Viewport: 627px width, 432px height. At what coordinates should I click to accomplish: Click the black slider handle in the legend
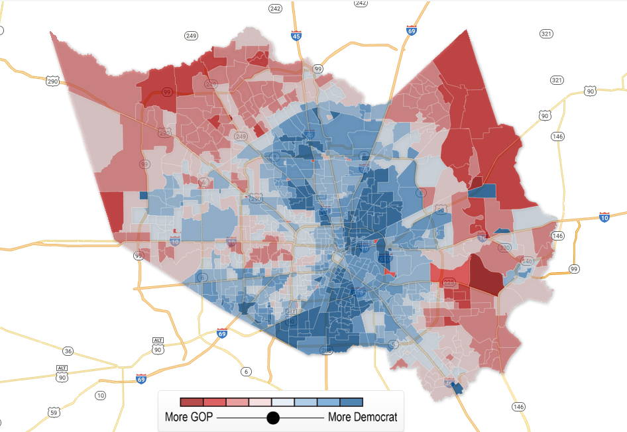click(272, 417)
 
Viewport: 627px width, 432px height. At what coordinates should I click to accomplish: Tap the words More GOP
click(188, 417)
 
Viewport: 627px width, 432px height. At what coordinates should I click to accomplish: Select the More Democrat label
click(363, 417)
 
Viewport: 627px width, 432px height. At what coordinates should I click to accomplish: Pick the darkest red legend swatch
click(192, 402)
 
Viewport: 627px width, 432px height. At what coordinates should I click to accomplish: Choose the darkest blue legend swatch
click(351, 402)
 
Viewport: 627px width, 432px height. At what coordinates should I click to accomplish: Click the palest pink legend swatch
click(260, 402)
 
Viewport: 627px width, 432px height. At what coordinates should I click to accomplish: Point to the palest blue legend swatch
click(283, 402)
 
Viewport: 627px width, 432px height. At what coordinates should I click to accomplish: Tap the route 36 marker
click(68, 351)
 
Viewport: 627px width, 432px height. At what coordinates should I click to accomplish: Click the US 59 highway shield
click(54, 412)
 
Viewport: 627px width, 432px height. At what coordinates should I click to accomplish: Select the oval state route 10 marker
click(100, 396)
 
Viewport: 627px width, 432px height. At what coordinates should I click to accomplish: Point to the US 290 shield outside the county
click(52, 81)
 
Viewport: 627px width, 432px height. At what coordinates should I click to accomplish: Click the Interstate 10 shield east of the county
click(604, 217)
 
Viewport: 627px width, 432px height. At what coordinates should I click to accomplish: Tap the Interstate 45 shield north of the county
click(296, 36)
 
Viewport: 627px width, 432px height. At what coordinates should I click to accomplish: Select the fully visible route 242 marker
click(275, 9)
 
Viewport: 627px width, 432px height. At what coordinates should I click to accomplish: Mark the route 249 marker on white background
click(192, 35)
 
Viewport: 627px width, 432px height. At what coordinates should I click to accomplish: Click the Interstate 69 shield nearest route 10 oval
click(141, 378)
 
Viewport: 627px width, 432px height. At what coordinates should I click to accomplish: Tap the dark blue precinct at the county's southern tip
click(457, 388)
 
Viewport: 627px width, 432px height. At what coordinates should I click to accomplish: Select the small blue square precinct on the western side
click(144, 195)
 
